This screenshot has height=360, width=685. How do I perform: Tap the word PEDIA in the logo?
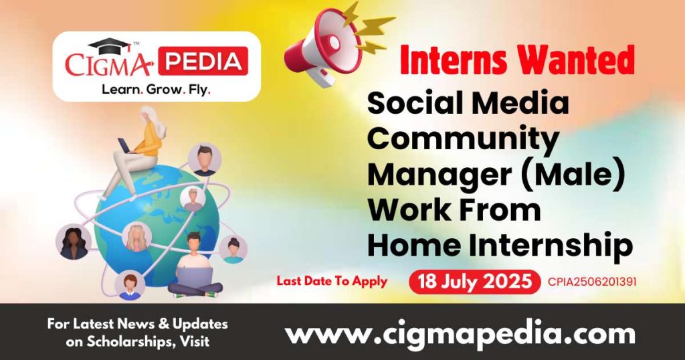tap(205, 62)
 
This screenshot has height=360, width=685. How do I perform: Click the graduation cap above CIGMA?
tap(109, 46)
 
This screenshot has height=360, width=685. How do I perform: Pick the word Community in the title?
tap(463, 139)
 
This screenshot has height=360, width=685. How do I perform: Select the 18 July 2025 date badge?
tap(474, 282)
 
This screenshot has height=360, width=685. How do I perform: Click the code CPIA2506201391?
tap(591, 282)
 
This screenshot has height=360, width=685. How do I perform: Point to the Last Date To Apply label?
tap(332, 281)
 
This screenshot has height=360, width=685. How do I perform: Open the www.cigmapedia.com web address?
tap(460, 333)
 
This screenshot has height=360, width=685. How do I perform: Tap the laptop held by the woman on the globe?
tap(126, 143)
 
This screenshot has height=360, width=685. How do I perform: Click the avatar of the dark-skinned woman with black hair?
tap(73, 242)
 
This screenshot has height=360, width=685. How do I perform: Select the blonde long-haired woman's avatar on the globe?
tap(136, 236)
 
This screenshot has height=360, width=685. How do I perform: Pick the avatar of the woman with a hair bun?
tap(233, 249)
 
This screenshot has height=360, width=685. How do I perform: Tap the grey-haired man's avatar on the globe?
tap(193, 198)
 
